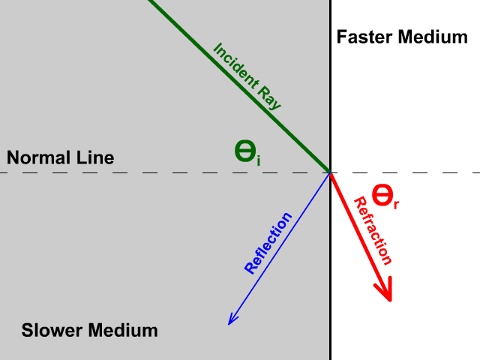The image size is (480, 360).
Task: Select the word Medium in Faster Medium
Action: (432, 37)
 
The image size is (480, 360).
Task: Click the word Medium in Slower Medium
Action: (124, 330)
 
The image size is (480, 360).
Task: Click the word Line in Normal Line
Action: (97, 157)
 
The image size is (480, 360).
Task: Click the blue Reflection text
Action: (268, 243)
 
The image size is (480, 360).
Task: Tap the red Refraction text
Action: (373, 231)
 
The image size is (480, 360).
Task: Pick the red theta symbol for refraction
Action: (382, 196)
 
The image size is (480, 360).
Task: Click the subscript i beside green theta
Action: (259, 159)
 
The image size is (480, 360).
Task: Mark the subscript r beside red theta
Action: (396, 202)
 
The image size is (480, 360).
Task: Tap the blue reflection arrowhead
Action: (232, 319)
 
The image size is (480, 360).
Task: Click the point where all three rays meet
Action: (331, 172)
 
